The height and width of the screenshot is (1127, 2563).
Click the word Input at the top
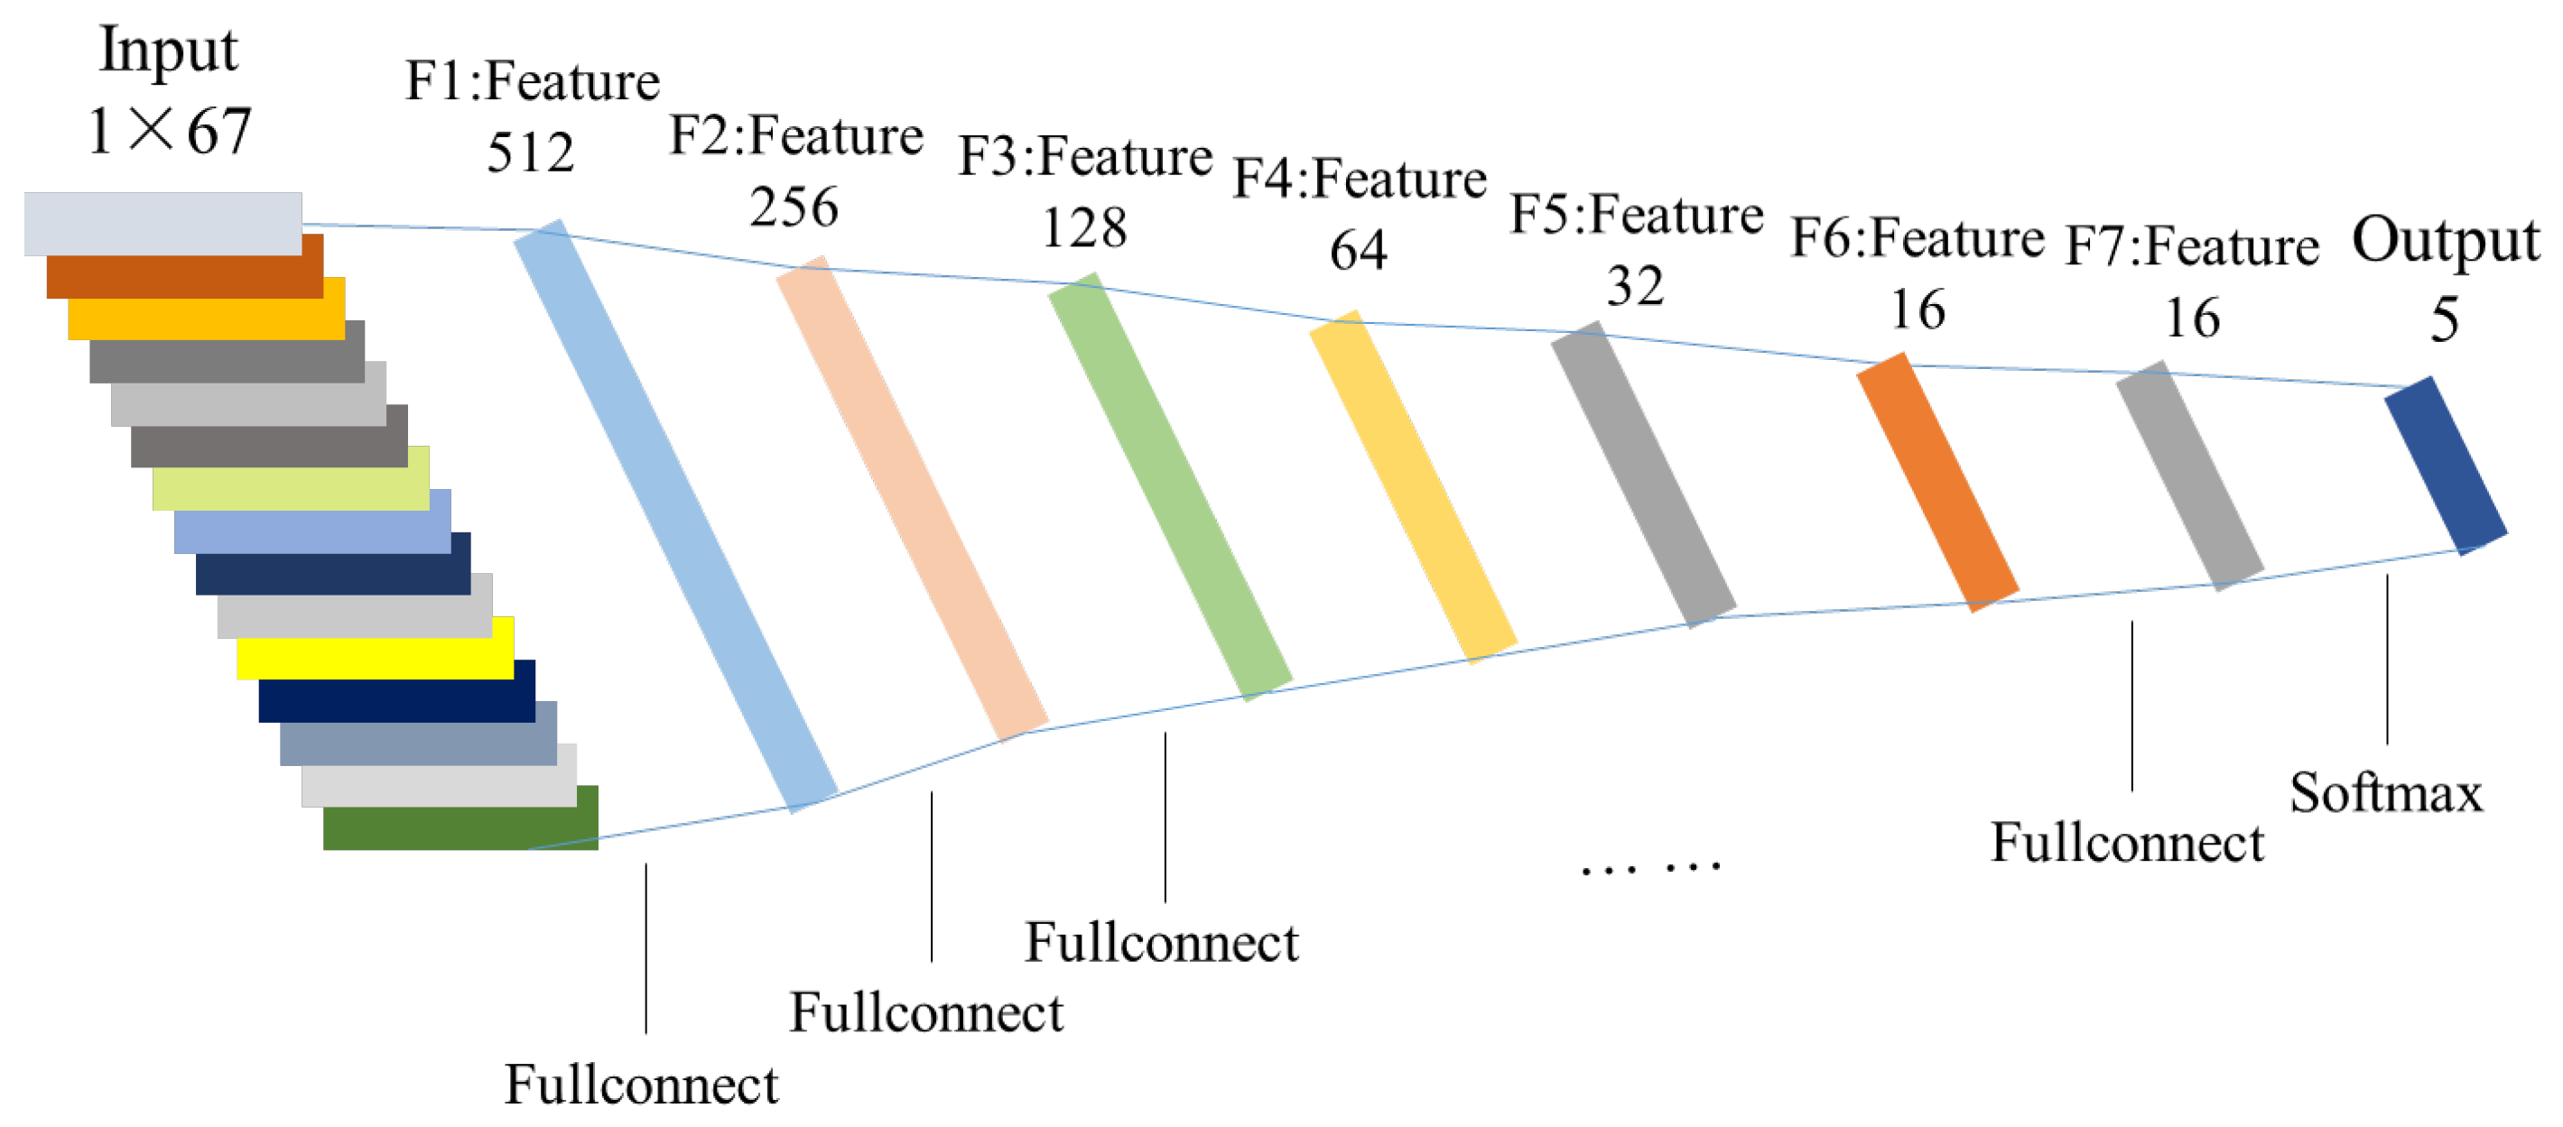(168, 50)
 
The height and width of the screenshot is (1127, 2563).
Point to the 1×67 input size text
(169, 132)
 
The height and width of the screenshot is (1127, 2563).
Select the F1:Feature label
(533, 80)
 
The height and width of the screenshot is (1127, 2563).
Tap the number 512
(530, 152)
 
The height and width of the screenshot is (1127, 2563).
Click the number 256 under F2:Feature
(793, 207)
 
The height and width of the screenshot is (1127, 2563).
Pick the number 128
(1083, 227)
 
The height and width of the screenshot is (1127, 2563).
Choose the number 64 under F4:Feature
(1358, 250)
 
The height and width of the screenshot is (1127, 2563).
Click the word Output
(2445, 242)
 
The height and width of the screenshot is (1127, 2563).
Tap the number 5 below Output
(2445, 320)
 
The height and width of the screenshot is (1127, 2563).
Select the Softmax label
(2385, 794)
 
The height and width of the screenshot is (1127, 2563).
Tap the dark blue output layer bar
(2445, 465)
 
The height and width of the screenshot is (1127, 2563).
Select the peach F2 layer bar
(912, 497)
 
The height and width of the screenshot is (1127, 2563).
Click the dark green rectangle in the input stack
(460, 818)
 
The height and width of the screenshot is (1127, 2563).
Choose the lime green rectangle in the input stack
(291, 477)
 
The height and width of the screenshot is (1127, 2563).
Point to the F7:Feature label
(2192, 246)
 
